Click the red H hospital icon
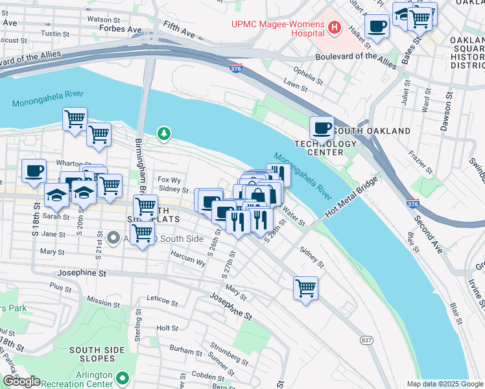(335, 27)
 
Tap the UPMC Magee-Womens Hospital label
(278, 28)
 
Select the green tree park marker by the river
(165, 134)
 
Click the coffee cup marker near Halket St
(377, 27)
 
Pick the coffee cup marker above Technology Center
(322, 127)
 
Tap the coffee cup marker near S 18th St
(34, 171)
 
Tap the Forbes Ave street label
(124, 29)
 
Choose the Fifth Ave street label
(180, 27)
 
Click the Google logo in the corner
(21, 381)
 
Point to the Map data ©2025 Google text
(445, 384)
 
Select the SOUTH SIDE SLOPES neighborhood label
(97, 355)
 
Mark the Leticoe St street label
(162, 301)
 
